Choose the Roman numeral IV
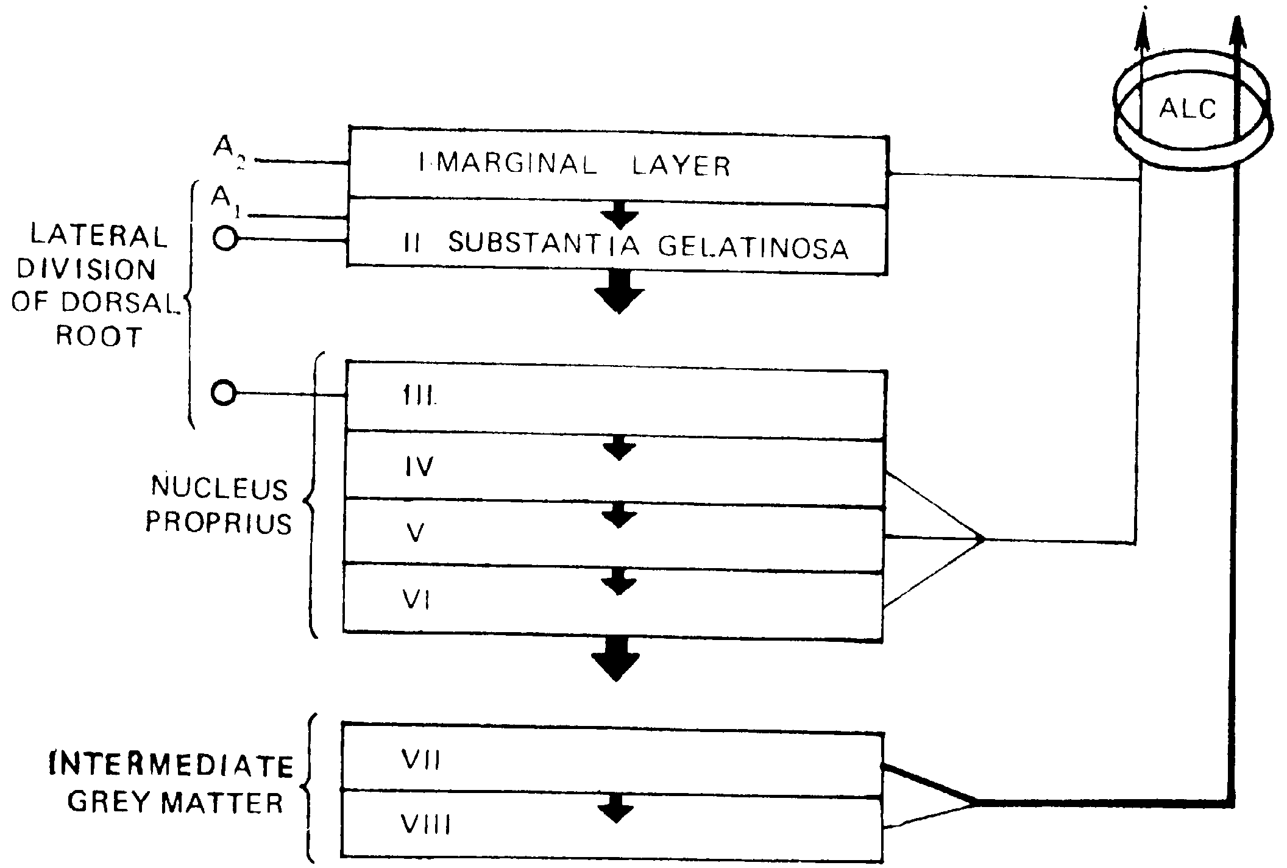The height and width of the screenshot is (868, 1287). point(419,467)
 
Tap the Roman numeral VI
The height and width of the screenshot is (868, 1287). point(417,600)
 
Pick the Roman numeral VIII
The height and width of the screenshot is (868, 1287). point(425,825)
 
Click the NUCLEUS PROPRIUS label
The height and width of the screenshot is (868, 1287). point(219,505)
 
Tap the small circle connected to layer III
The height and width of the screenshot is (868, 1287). point(224,393)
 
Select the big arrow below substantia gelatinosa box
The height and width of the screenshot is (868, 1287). point(619,291)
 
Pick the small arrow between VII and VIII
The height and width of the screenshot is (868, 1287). point(616,809)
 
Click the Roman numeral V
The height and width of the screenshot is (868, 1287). point(416,533)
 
